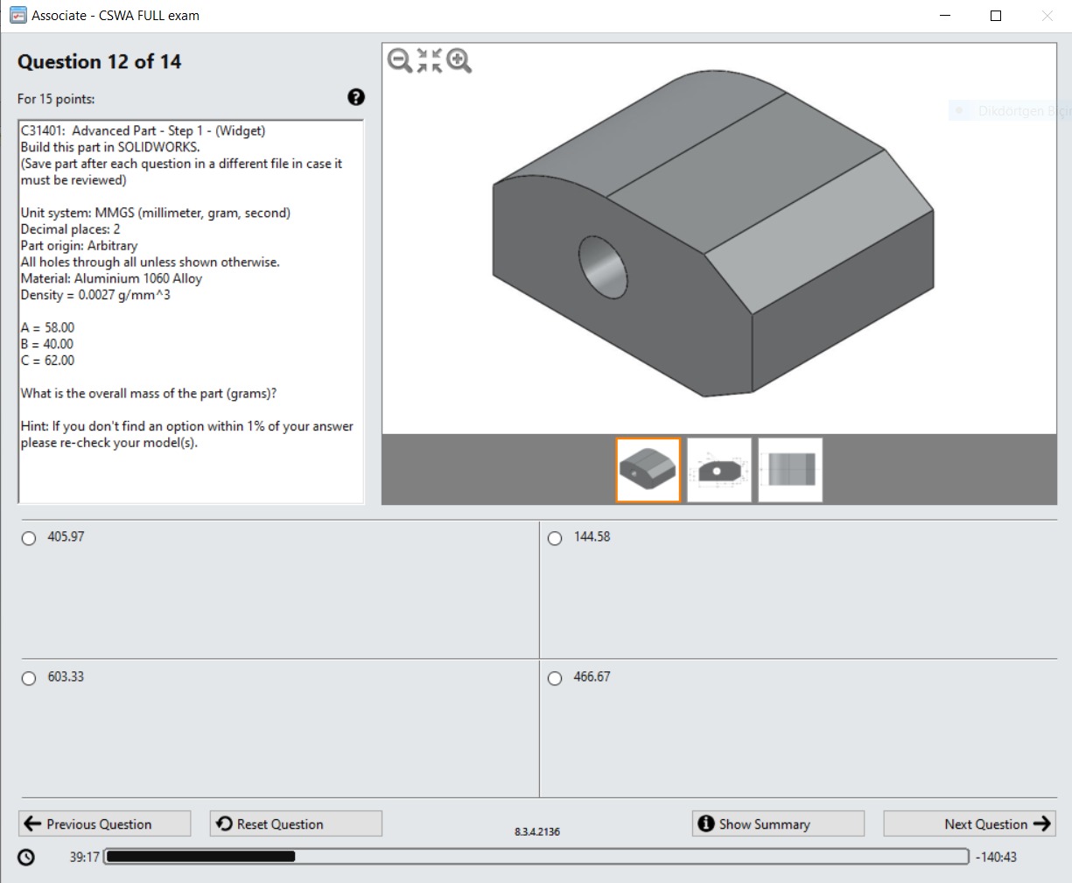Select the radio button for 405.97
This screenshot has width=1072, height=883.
pos(29,538)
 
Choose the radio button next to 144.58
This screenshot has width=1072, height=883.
pos(555,538)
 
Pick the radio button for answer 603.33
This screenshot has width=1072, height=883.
pos(29,678)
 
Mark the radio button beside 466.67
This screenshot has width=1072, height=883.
pos(555,678)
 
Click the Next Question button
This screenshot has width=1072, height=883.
pos(970,823)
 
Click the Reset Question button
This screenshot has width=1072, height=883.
pos(296,823)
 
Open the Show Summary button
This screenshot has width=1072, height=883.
pos(777,823)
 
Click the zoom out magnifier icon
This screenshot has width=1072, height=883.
pos(400,60)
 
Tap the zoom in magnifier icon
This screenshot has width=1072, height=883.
pos(459,60)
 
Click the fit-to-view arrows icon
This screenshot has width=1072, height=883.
pos(430,60)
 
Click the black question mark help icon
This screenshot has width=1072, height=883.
pos(356,97)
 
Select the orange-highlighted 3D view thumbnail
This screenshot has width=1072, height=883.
pos(648,470)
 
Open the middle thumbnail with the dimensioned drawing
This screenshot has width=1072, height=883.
pos(719,470)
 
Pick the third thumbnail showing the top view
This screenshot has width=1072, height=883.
pos(790,470)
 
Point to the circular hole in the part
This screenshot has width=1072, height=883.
pos(603,265)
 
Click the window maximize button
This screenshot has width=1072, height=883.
pos(996,16)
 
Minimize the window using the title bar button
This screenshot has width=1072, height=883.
pos(945,16)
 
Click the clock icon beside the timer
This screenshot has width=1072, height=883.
pos(26,857)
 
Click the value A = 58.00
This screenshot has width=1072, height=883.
pos(48,327)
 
